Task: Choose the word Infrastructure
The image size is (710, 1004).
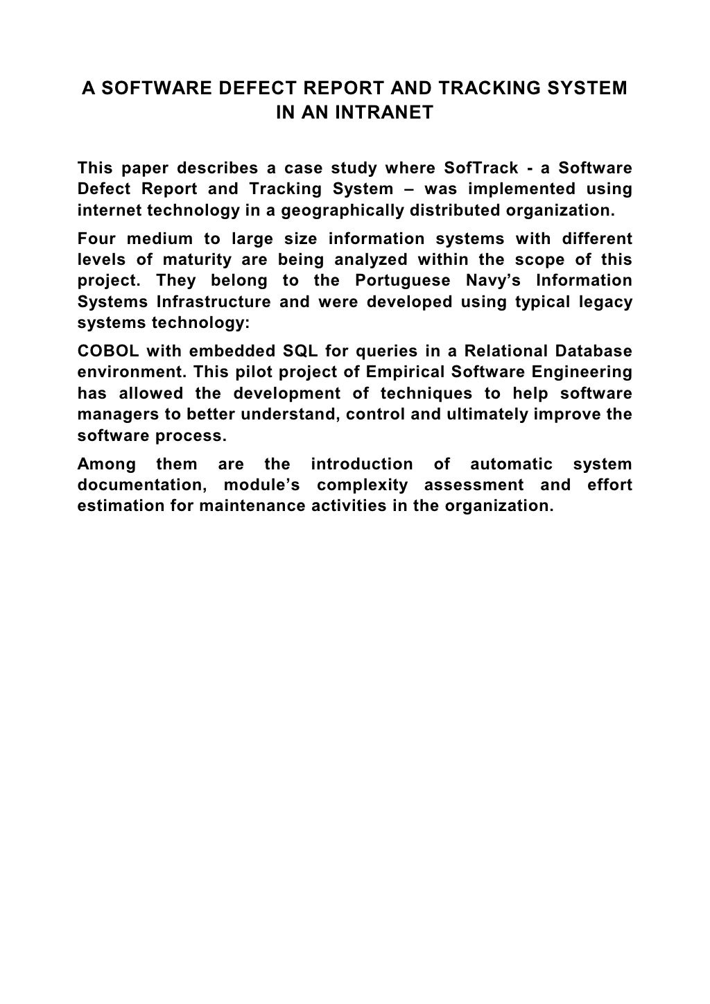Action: coord(213,302)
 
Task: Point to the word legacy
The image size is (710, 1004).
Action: coord(604,302)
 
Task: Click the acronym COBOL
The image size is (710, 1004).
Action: coord(107,352)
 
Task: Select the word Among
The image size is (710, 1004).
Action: coord(106,464)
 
